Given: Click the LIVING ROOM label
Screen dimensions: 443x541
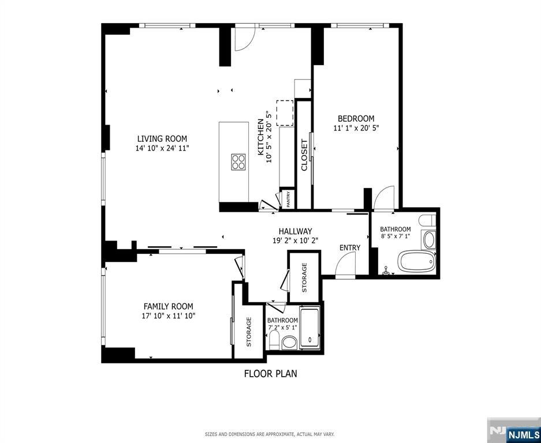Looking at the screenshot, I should (x=162, y=138).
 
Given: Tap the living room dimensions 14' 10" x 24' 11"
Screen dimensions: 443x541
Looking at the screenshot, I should (x=162, y=148).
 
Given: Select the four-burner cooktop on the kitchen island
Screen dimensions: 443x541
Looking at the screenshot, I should (x=238, y=162).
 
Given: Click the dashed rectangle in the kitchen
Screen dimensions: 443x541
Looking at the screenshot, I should (x=285, y=112).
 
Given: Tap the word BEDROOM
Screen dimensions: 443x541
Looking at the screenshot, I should (x=356, y=119).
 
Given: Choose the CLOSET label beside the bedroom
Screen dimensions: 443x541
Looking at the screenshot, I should (x=304, y=156).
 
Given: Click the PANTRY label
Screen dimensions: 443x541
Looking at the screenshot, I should (x=289, y=199).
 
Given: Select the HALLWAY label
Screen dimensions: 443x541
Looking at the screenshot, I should (x=295, y=231).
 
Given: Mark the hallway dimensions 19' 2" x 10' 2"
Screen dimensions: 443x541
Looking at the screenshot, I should (x=295, y=241).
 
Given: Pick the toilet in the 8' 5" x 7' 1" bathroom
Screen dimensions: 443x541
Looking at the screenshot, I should (x=427, y=221).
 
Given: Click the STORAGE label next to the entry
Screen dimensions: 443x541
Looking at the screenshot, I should (x=304, y=277).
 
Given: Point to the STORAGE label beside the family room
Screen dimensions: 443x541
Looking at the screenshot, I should (x=249, y=332).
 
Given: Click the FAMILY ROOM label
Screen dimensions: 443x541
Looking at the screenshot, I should (x=168, y=306).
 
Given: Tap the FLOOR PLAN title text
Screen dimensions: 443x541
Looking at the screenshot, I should (x=270, y=373).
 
